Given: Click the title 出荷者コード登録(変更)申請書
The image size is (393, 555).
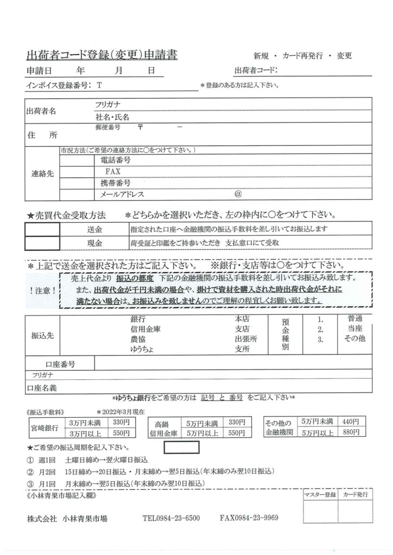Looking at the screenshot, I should tap(102, 55).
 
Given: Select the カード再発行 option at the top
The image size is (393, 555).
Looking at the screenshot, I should tap(302, 56).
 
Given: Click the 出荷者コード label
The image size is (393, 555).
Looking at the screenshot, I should tap(256, 70).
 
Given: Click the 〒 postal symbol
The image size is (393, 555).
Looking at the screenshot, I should tap(140, 127).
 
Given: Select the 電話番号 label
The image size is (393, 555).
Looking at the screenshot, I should tap(115, 160).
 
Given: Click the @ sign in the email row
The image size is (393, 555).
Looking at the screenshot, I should tap(238, 193).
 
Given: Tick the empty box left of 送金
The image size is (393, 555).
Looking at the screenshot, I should tap(43, 229).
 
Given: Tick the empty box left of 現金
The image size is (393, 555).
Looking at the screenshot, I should tap(43, 242).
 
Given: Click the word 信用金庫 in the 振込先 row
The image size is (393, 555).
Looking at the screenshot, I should tap(146, 329).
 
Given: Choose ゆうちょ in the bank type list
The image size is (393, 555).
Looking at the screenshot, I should tap(142, 350).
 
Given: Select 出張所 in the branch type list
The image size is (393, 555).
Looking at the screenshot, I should tap(246, 339).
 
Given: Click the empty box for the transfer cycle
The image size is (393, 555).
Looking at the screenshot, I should tap(180, 448).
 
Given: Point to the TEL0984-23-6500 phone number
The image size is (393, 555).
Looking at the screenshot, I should tap(171, 518).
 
